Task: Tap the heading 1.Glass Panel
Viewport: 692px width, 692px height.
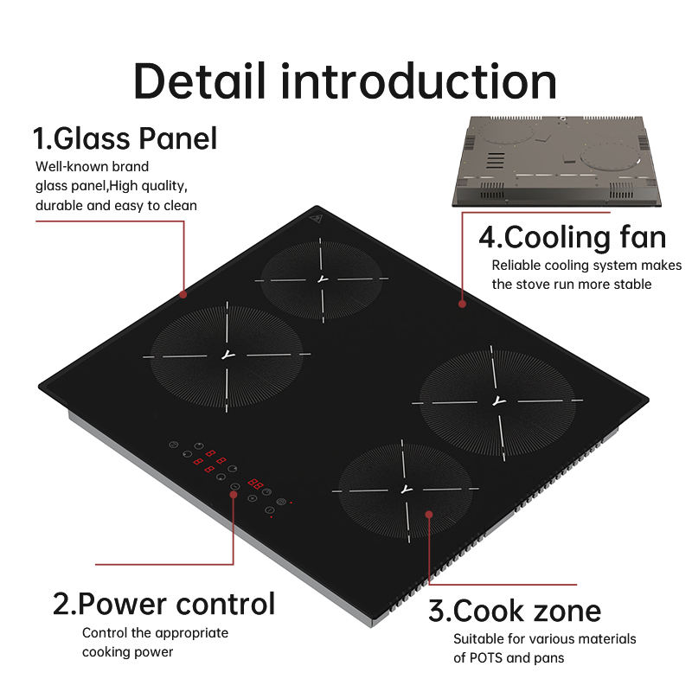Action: click(x=125, y=138)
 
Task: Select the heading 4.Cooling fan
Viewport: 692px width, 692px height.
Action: click(x=573, y=237)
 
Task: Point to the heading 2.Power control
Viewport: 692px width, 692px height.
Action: click(x=164, y=603)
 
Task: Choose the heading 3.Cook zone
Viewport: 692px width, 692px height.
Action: click(x=515, y=611)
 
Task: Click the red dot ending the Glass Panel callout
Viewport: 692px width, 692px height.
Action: click(x=183, y=294)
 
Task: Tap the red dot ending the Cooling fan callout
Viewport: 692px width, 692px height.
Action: click(x=462, y=304)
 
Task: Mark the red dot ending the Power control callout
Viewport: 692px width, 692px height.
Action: click(x=234, y=493)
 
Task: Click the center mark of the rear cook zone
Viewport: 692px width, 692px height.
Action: click(x=322, y=279)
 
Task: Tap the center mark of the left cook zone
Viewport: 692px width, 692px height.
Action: click(x=227, y=356)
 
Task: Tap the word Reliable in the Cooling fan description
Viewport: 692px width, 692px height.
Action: click(x=517, y=265)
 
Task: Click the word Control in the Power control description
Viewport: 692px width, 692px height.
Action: click(x=106, y=632)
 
